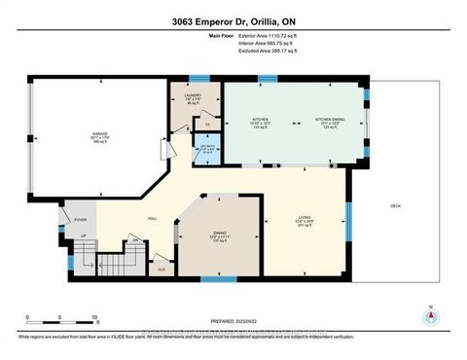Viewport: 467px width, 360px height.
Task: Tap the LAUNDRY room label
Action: pos(192,94)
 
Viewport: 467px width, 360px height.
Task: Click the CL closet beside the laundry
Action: pos(208,124)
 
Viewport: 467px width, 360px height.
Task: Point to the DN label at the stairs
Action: pos(134,237)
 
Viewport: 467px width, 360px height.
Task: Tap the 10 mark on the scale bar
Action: pos(95,318)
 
